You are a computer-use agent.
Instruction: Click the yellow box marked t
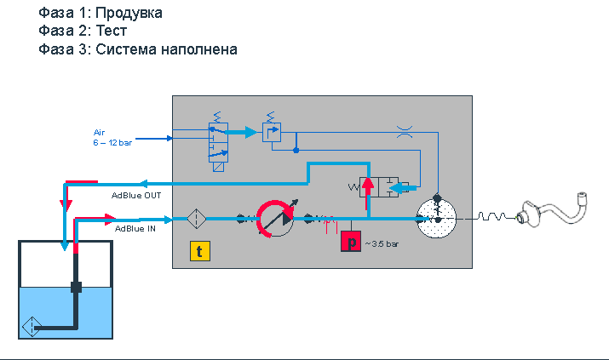point(200,251)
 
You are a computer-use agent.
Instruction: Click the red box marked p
point(351,242)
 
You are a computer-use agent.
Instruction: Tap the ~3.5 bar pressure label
point(382,244)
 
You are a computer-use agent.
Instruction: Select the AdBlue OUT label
point(136,196)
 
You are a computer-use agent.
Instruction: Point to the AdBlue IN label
point(135,229)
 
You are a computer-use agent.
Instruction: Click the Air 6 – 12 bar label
point(112,138)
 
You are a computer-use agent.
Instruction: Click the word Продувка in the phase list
point(129,13)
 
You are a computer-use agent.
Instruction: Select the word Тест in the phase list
point(112,31)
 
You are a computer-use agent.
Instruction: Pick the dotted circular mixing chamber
point(436,219)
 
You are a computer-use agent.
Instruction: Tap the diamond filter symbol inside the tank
point(32,327)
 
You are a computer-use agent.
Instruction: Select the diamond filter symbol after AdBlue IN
point(197,219)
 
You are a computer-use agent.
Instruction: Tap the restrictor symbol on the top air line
point(405,132)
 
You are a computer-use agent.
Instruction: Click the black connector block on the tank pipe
point(76,287)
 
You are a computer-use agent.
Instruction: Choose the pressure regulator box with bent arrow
point(272,132)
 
